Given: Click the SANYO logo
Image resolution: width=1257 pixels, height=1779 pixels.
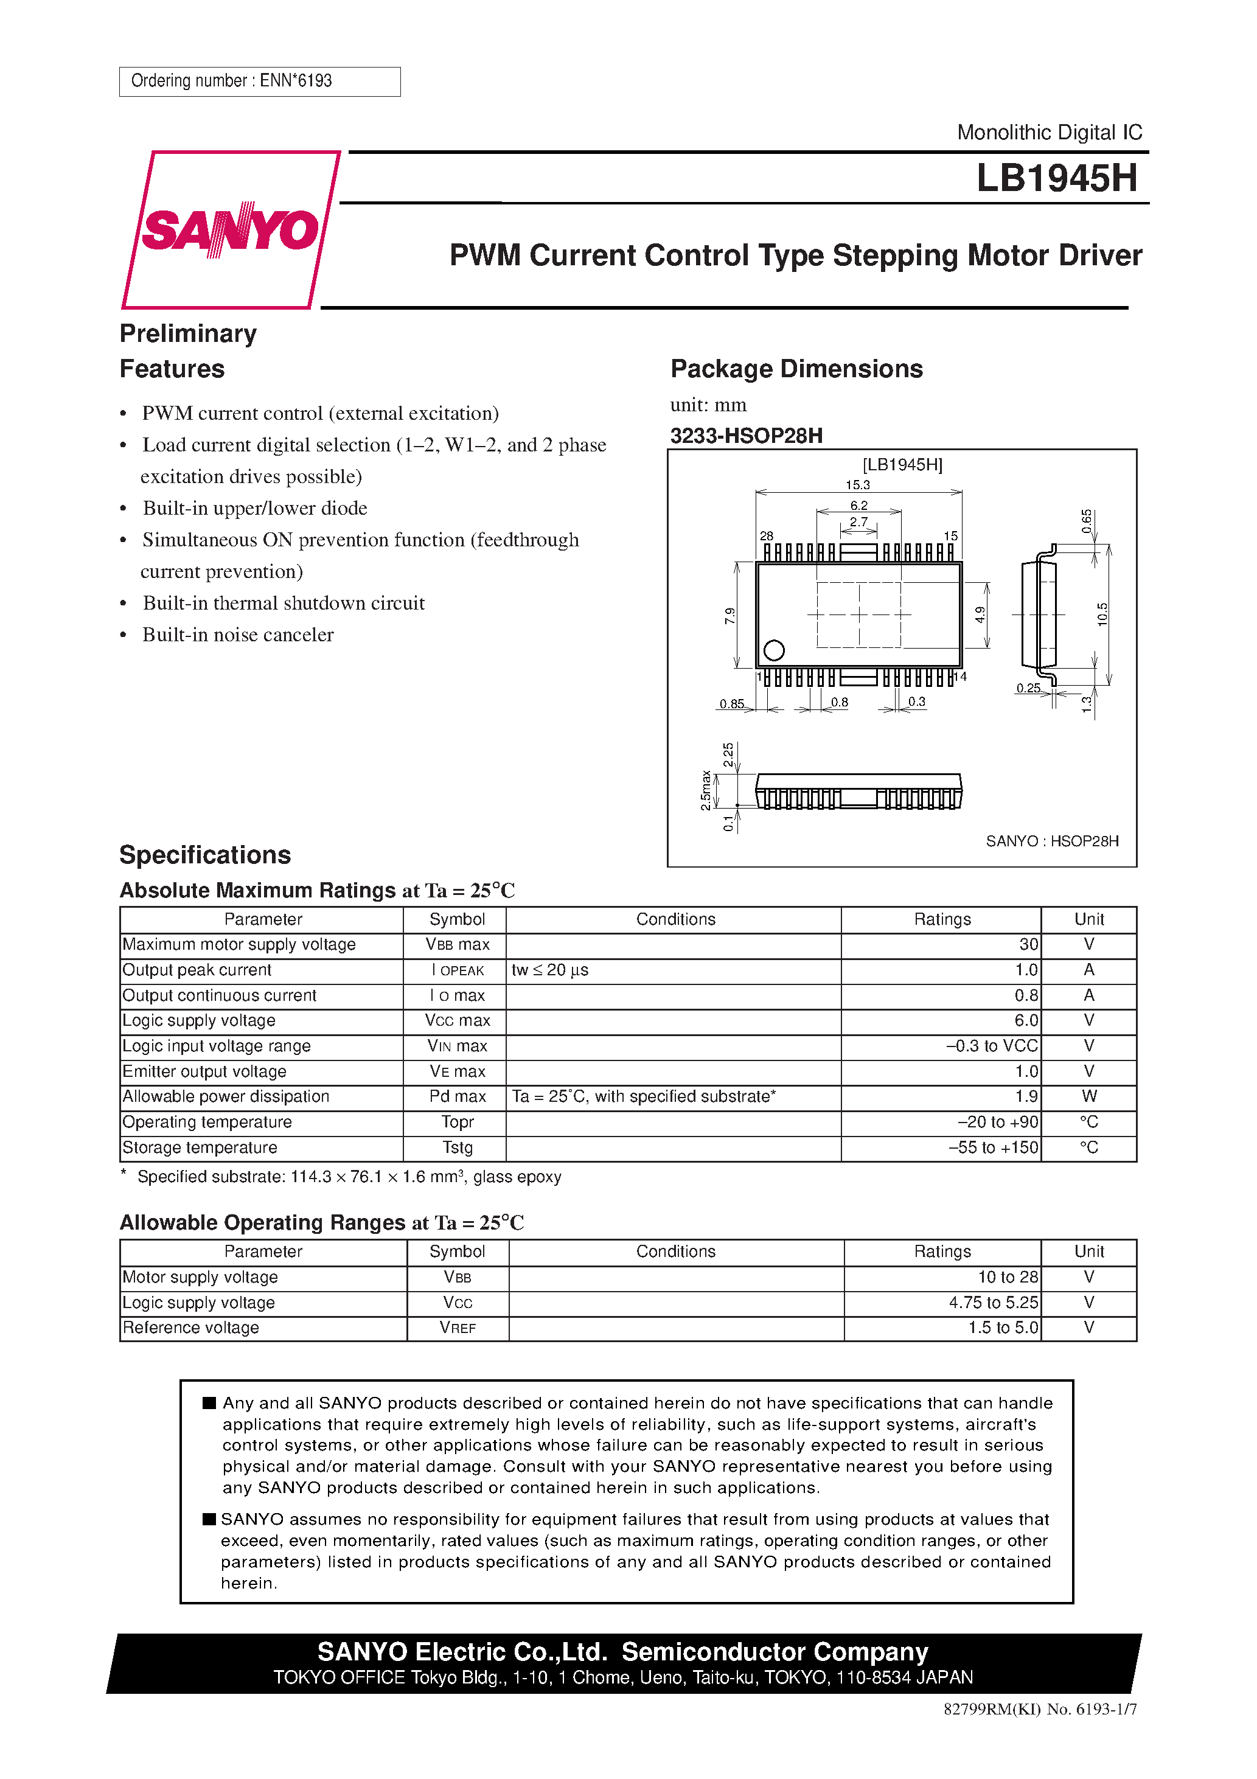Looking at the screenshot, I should [x=229, y=229].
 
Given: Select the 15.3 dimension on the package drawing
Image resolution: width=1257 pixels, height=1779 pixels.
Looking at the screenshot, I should [x=857, y=485].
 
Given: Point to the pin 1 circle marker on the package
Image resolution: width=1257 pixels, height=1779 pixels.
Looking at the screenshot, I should [x=773, y=650].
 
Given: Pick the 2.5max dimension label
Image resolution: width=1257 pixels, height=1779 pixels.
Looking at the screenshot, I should [x=705, y=790].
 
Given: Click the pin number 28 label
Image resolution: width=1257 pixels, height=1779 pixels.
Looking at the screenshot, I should [x=767, y=536].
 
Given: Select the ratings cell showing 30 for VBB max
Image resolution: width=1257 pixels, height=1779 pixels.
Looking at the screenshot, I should [x=1028, y=944].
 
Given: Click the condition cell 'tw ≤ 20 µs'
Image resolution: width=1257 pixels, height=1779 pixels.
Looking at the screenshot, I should [x=550, y=970].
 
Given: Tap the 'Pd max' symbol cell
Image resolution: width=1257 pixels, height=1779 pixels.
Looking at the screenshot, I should [x=458, y=1096].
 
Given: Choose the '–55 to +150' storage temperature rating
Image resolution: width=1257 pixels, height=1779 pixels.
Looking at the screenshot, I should [x=993, y=1147].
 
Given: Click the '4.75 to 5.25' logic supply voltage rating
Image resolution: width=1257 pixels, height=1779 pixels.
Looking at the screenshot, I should [x=993, y=1303].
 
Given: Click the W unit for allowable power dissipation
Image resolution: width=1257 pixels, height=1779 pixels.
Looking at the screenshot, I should [x=1089, y=1096].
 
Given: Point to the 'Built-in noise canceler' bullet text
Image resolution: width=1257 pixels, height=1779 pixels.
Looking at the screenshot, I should [x=238, y=635].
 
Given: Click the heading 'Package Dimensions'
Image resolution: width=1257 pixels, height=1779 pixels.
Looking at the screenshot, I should [x=796, y=369].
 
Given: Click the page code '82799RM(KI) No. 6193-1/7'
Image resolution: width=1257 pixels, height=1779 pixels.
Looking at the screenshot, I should [x=1039, y=1731].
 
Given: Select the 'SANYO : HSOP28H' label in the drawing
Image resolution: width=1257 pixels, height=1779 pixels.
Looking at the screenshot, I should [x=1051, y=841].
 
